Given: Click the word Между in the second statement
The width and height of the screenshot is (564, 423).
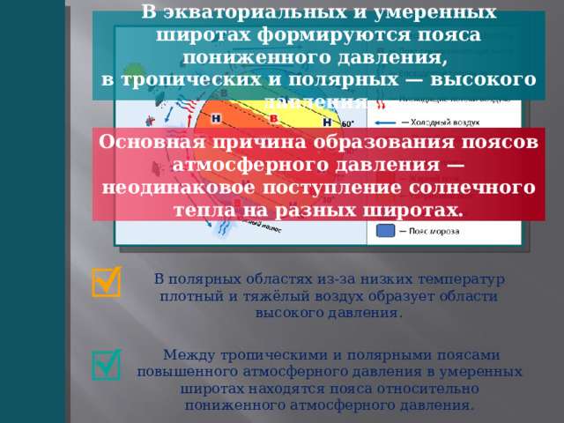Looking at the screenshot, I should [x=192, y=354].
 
